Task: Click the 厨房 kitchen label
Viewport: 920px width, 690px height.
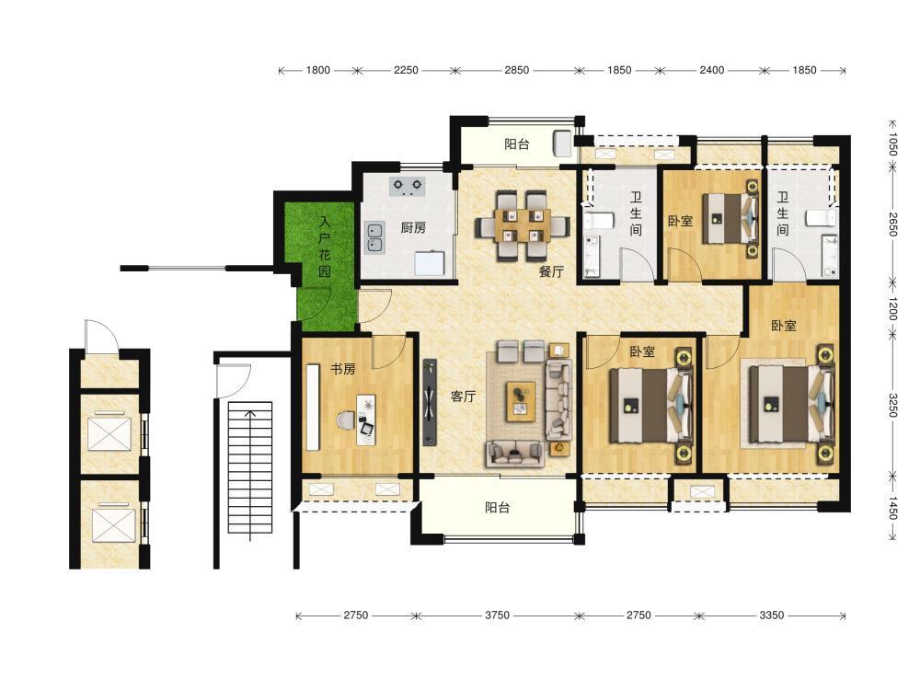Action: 413,227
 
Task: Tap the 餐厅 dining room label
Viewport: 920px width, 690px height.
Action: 551,271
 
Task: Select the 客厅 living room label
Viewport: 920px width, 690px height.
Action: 463,397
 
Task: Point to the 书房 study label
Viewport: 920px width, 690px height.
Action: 342,369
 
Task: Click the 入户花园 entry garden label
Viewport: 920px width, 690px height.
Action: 325,247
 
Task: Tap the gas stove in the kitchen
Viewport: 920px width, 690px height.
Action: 408,186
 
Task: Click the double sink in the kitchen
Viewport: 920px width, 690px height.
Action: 374,237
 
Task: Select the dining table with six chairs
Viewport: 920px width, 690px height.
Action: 523,225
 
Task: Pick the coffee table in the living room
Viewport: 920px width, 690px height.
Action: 521,401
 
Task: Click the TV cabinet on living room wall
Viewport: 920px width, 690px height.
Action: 430,403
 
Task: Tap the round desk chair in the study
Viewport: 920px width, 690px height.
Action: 346,420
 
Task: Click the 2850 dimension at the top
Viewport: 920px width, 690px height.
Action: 516,71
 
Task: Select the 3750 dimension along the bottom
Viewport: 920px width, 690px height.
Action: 497,615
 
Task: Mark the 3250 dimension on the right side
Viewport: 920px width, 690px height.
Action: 892,405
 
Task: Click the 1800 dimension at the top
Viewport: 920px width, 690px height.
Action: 317,71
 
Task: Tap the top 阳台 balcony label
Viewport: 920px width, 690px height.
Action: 516,144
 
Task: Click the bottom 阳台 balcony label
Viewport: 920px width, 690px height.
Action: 497,508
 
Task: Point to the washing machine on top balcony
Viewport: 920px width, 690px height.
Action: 562,144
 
